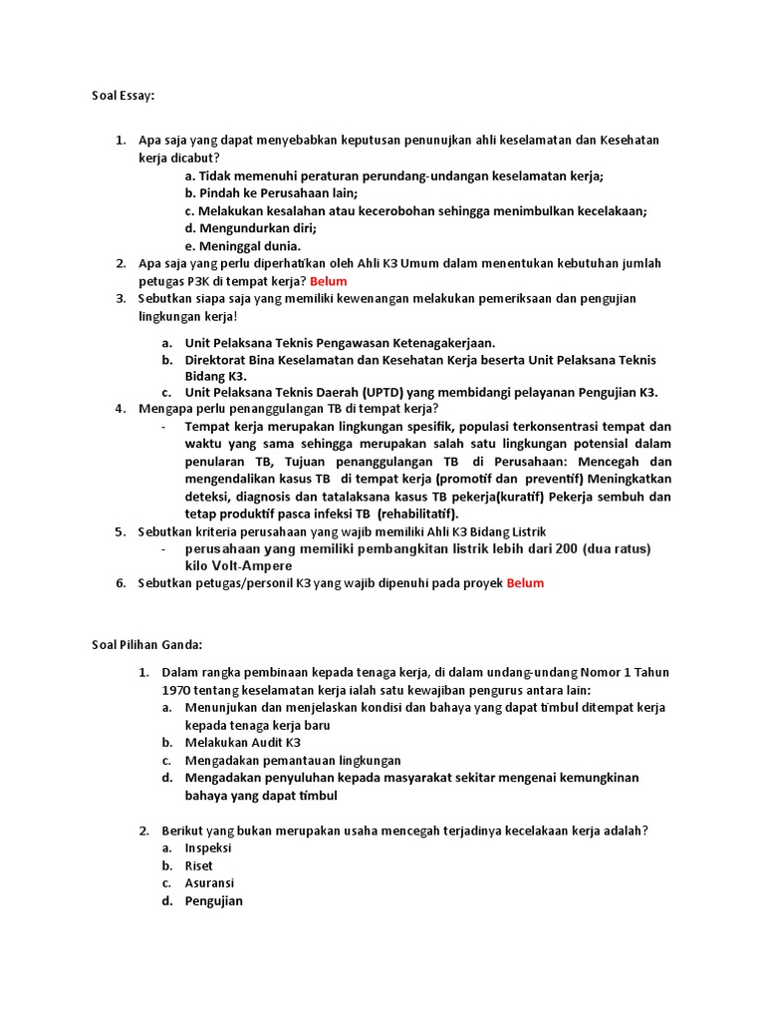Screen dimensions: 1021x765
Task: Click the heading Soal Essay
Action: (123, 96)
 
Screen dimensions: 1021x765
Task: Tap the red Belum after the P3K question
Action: (328, 281)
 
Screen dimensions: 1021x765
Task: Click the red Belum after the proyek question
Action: (525, 583)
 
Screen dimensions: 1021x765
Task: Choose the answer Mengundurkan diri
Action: (250, 228)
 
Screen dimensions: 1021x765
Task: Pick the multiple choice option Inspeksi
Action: (208, 848)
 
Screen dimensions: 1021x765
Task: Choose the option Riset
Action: (199, 865)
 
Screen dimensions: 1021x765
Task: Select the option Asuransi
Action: (209, 883)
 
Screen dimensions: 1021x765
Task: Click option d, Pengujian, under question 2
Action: (213, 901)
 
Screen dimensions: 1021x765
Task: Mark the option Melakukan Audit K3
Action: (242, 743)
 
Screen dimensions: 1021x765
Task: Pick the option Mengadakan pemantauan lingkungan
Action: (293, 760)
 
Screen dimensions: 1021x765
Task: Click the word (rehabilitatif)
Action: (417, 513)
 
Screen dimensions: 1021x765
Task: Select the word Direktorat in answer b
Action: (219, 359)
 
